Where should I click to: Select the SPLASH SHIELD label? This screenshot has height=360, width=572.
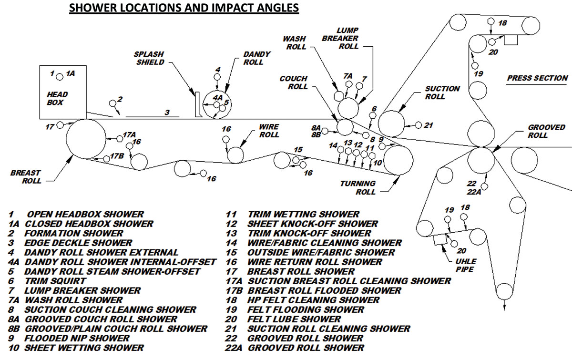point(150,58)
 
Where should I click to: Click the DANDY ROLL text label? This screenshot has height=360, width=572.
point(257,58)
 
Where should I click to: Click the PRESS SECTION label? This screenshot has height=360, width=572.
point(537,78)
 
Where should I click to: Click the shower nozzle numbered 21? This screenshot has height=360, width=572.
point(418,125)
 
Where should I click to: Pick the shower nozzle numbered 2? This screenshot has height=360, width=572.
point(113,103)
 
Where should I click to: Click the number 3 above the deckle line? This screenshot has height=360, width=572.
point(167,113)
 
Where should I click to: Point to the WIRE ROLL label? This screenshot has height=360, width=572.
point(269,131)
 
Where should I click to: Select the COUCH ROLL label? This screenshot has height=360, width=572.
point(294,82)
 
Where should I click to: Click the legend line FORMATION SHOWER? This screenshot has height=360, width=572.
point(73,233)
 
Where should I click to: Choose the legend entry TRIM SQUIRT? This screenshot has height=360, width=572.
point(55,281)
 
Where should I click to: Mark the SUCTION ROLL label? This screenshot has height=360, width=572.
point(442,93)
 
